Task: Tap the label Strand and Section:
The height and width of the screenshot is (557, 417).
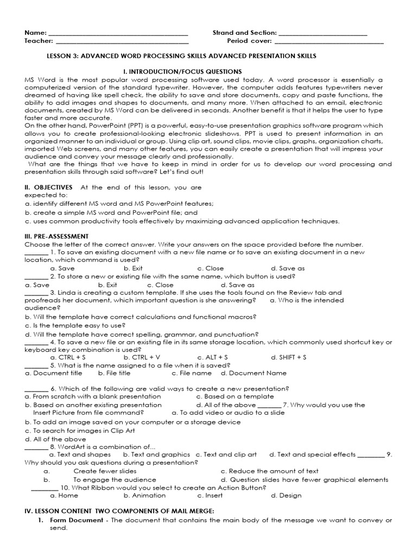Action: [x=244, y=33]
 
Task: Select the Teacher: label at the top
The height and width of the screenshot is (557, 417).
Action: [x=39, y=41]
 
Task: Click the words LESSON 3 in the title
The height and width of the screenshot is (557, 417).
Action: [x=64, y=56]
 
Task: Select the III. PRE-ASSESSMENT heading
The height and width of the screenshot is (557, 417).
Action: [x=56, y=236]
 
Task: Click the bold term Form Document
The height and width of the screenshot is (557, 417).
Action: [x=76, y=520]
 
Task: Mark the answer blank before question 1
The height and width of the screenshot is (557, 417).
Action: [x=36, y=253]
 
